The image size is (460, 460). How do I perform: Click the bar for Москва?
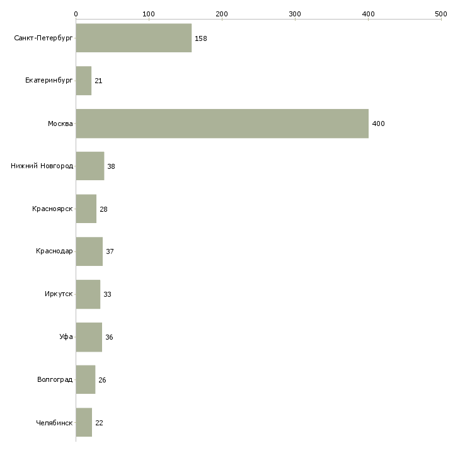pyautogui.click(x=222, y=124)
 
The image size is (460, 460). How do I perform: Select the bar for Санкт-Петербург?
pyautogui.click(x=134, y=38)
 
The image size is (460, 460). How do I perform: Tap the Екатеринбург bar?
pyautogui.click(x=84, y=81)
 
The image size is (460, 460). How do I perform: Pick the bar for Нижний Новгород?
pyautogui.click(x=90, y=166)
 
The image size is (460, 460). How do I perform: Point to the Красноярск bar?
pyautogui.click(x=86, y=209)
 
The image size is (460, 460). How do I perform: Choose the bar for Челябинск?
pyautogui.click(x=84, y=422)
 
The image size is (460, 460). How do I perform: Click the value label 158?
pyautogui.click(x=200, y=38)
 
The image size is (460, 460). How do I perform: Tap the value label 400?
pyautogui.click(x=378, y=124)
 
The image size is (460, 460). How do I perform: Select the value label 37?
pyautogui.click(x=110, y=251)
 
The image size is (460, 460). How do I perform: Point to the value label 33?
pyautogui.click(x=107, y=294)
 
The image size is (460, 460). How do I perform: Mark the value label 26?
pyautogui.click(x=102, y=380)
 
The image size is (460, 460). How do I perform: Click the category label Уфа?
pyautogui.click(x=66, y=336)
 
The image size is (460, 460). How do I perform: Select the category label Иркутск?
pyautogui.click(x=59, y=294)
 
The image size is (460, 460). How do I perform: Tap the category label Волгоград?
pyautogui.click(x=55, y=379)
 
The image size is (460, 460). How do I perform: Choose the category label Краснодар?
pyautogui.click(x=54, y=251)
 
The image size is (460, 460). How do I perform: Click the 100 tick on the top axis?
pyautogui.click(x=149, y=14)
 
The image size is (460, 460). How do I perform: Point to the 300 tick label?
pyautogui.click(x=295, y=14)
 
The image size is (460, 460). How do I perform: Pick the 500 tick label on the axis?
pyautogui.click(x=441, y=14)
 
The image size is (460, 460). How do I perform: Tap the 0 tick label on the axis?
pyautogui.click(x=76, y=14)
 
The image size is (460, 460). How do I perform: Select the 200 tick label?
pyautogui.click(x=222, y=14)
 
